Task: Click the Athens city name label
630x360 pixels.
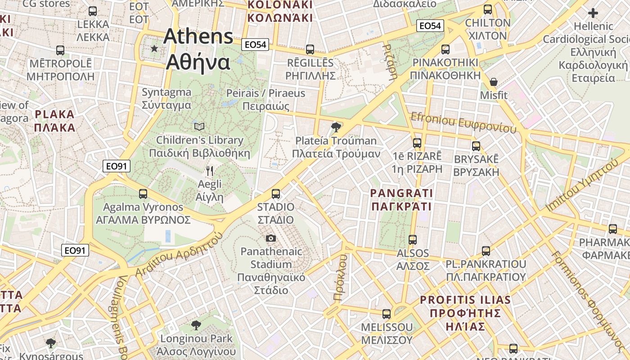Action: point(198,49)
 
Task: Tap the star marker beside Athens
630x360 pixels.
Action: point(154,48)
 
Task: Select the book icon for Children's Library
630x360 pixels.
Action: point(199,127)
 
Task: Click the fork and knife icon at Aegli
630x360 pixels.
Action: point(209,171)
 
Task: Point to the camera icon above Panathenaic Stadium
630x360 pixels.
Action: point(271,238)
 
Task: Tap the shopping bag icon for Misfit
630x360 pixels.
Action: point(494,82)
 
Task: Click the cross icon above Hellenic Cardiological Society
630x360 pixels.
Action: point(593,13)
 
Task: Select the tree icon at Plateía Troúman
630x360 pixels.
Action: point(336,127)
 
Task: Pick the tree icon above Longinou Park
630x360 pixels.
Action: point(196,325)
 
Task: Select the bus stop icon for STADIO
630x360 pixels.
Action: point(276,194)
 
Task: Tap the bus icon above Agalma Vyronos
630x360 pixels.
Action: point(143,194)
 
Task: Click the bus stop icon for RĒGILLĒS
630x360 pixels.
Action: point(310,49)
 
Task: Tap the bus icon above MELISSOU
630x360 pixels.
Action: point(387,314)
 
